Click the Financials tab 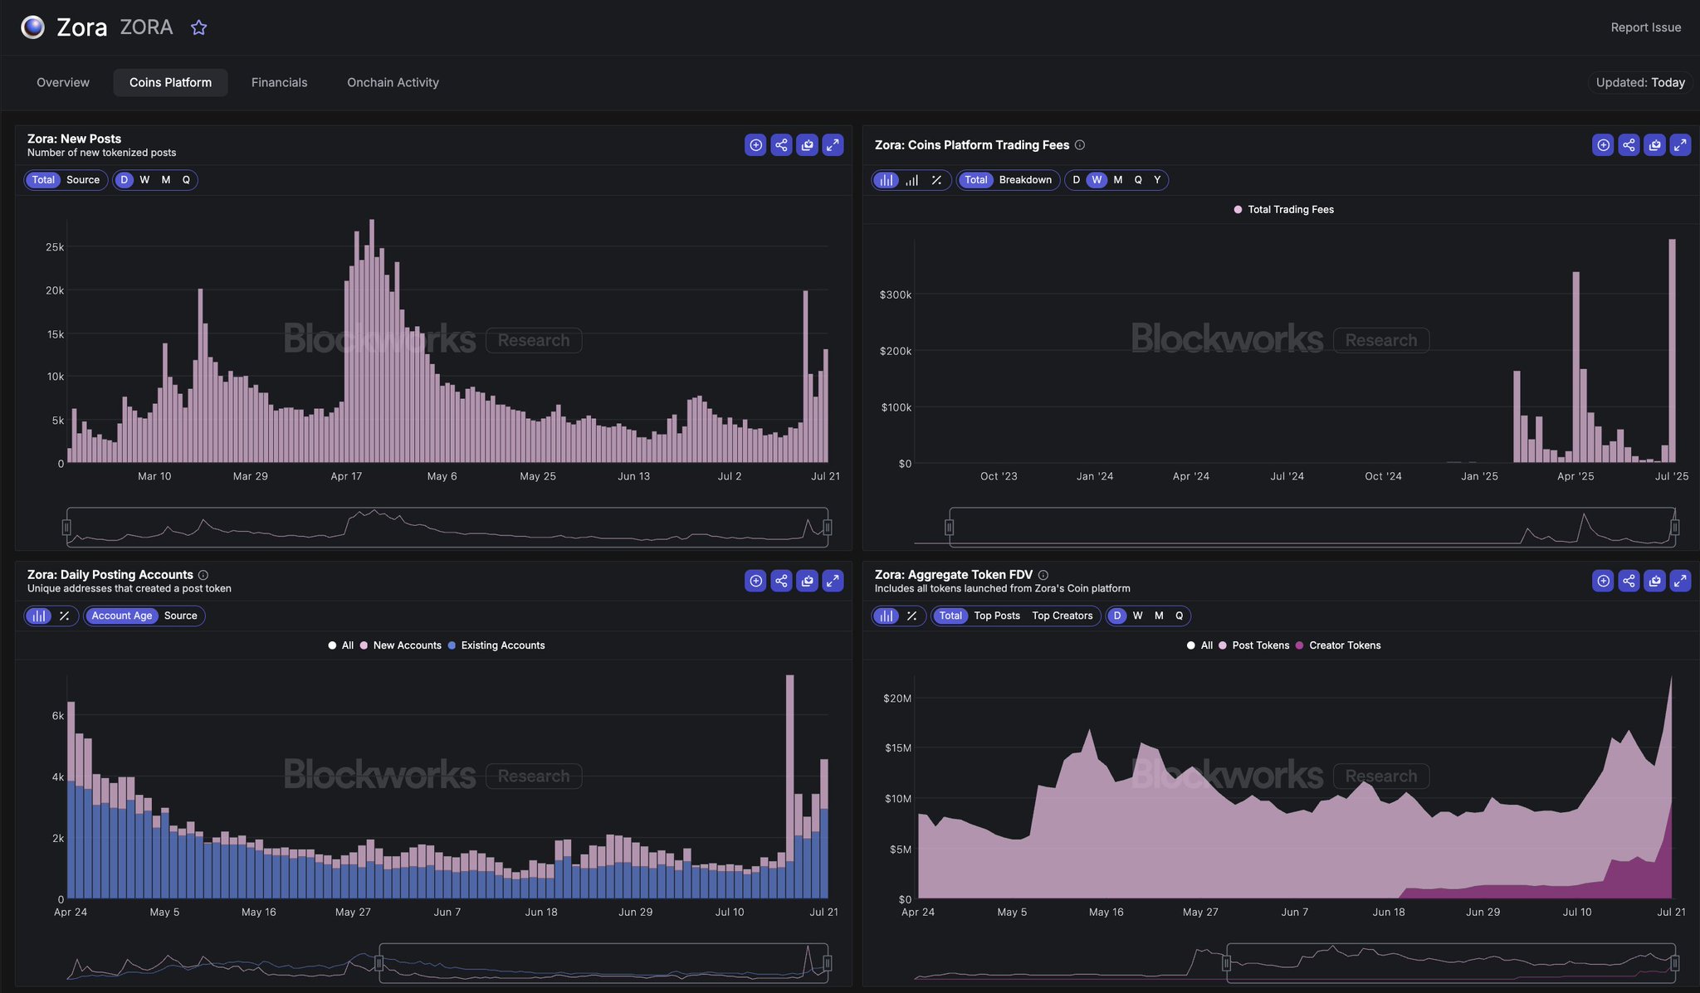(x=279, y=82)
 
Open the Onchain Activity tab (x=393, y=82)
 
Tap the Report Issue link (x=1645, y=27)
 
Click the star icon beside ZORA (x=198, y=27)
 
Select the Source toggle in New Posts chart (x=83, y=180)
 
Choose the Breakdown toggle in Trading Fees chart (x=1025, y=180)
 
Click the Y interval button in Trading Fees (x=1157, y=180)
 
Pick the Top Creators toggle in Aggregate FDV (x=1062, y=616)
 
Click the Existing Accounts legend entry (x=502, y=645)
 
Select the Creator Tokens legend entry (x=1344, y=645)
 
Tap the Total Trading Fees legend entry (x=1290, y=210)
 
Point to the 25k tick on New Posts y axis (x=55, y=247)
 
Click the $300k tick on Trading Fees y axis (x=895, y=294)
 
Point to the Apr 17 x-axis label (x=346, y=476)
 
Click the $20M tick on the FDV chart (x=896, y=699)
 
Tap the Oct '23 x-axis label (x=998, y=476)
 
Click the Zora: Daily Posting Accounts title (x=110, y=574)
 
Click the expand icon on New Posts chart (x=833, y=145)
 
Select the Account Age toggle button (x=122, y=616)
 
